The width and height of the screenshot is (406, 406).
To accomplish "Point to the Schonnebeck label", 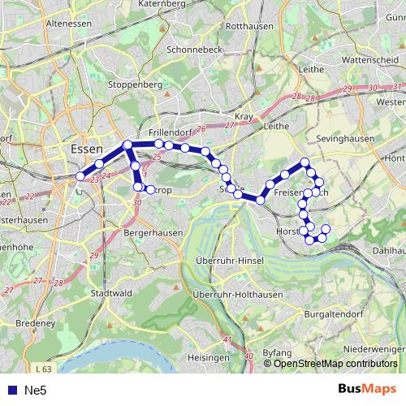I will (x=195, y=49).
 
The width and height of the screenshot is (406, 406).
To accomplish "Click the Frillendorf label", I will (x=170, y=131).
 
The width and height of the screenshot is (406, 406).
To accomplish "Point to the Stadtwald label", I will (x=110, y=293).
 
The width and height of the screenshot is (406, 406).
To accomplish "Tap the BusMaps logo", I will (x=367, y=390).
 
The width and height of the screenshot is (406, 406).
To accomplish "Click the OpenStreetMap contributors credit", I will (x=335, y=364).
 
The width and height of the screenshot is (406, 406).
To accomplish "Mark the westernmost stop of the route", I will (x=80, y=176).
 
